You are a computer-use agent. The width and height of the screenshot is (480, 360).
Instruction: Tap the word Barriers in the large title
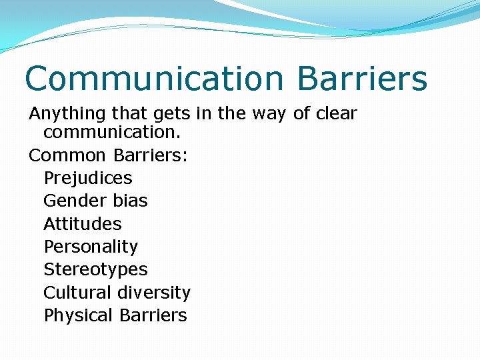tap(362, 79)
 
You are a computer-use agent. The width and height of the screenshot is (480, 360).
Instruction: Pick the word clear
tap(337, 114)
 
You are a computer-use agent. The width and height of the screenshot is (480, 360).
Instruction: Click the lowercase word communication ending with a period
tap(106, 132)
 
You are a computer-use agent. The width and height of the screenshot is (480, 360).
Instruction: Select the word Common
tap(67, 155)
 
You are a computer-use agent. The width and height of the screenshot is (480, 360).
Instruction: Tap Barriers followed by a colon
tap(151, 155)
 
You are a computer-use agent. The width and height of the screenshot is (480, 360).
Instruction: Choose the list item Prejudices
tap(88, 178)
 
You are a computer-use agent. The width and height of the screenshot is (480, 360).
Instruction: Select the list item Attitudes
tap(83, 224)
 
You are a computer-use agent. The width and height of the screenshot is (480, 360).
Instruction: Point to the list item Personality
tap(91, 247)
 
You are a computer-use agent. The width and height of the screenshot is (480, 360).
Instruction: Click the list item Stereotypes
tap(95, 269)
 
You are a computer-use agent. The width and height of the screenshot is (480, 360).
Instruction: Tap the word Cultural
tap(78, 293)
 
